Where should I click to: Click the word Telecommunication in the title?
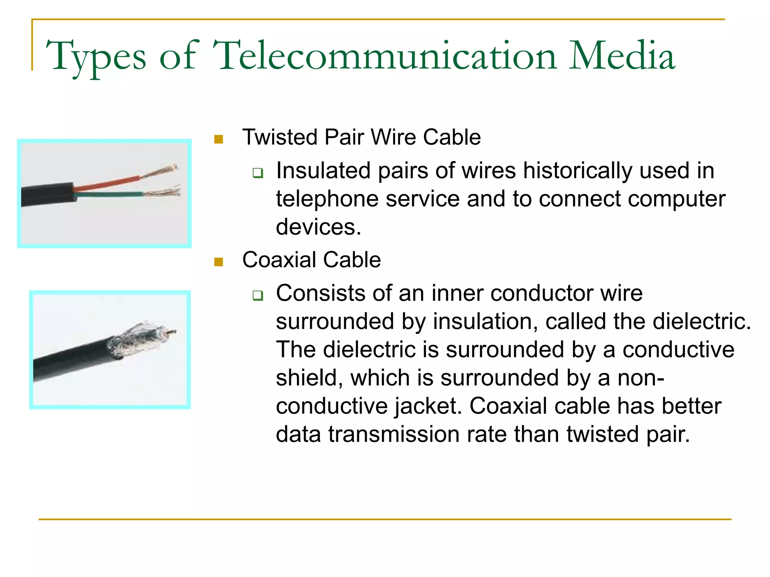384,56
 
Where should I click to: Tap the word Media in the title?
622,56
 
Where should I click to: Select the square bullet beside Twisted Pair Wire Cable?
218,139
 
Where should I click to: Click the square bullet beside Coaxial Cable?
218,262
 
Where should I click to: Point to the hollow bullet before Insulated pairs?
258,173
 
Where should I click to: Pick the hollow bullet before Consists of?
258,296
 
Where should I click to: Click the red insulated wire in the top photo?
107,183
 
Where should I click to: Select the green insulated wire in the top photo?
109,195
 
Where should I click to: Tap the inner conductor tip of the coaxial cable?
173,331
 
